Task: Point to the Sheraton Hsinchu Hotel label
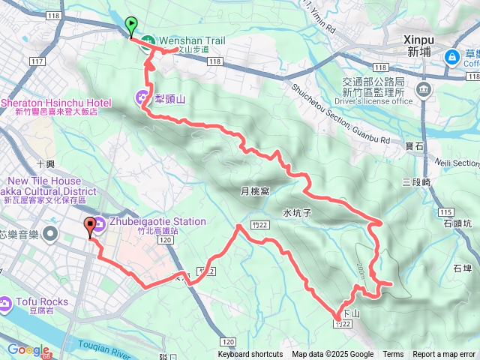[x=57, y=103]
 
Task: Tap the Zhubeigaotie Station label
[x=157, y=221]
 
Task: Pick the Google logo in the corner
[x=28, y=349]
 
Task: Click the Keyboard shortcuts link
[x=250, y=355]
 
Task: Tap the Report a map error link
[x=443, y=355]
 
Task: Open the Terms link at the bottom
[x=393, y=355]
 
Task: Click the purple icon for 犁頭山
[x=142, y=97]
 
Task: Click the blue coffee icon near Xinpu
[x=452, y=57]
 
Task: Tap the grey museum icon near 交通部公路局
[x=424, y=90]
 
